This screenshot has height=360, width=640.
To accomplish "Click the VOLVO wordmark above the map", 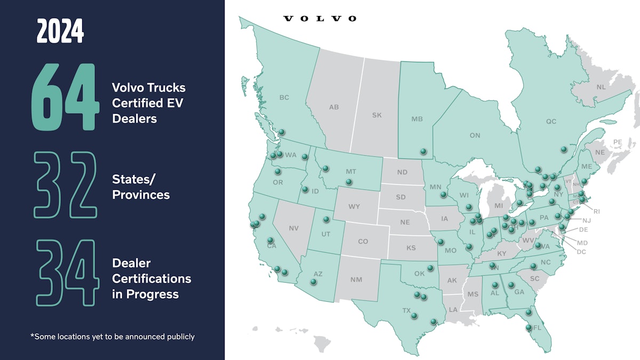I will pos(319,19).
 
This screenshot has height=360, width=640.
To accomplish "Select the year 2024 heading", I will pos(60,32).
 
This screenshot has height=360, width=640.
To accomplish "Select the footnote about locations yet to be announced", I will pos(113,337).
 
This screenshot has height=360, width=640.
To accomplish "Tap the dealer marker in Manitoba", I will pos(423,151).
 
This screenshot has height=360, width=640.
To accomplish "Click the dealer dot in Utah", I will pos(326,219).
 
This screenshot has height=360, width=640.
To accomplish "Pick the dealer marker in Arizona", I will pos(314,282).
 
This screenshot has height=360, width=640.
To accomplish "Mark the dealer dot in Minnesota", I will pos(443,195).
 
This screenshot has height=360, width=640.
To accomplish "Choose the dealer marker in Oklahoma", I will pos(430,268).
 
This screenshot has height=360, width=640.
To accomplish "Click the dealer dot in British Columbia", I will pos(282,132).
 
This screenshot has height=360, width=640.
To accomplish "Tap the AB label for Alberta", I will pos(334,107).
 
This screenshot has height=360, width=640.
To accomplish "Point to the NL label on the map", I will pos(601,87).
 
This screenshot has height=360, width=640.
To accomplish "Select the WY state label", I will pos(354,206).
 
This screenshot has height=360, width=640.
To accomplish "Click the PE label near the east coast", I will pos(618,142).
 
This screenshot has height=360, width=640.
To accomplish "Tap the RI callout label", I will pos(596,211).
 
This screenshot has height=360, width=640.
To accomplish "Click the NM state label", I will pos(356,279).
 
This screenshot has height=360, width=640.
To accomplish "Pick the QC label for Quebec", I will pos(551,122).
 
